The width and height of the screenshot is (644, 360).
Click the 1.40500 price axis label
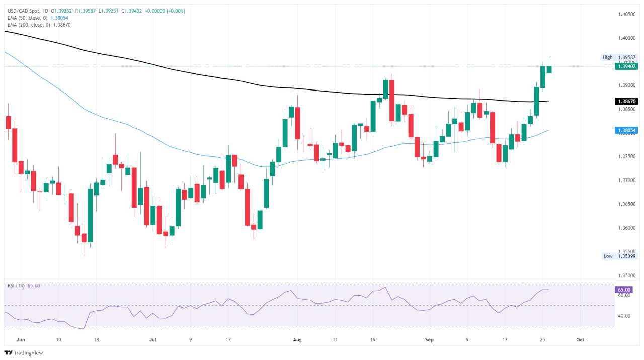[x=626, y=14]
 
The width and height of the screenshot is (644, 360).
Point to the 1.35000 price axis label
[x=626, y=276]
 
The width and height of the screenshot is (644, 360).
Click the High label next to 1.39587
[x=607, y=57]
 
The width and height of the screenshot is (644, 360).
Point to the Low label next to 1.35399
[x=608, y=256]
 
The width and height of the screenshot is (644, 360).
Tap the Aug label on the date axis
[x=297, y=340]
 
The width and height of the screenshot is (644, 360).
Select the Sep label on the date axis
[x=429, y=340]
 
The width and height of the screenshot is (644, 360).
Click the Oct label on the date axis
[x=580, y=340]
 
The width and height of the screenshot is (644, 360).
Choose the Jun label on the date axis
[x=21, y=340]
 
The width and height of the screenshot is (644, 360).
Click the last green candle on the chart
[x=549, y=69]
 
